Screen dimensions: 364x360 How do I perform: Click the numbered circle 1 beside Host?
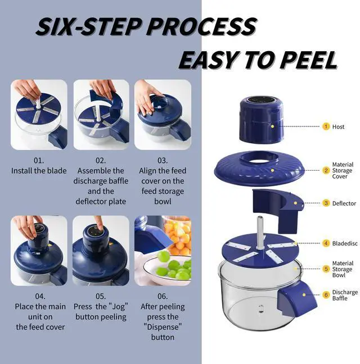[x=326, y=126]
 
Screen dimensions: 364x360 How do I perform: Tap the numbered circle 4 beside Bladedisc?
[x=326, y=243]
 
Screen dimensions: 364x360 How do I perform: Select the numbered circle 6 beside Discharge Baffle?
[x=326, y=295]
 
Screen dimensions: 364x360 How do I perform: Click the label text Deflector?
[x=344, y=203]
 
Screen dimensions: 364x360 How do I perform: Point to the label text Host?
[x=338, y=126]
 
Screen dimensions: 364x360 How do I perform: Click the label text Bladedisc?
[x=345, y=243]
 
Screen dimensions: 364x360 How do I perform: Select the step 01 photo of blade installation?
[x=39, y=115]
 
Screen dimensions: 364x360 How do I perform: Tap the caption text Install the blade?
[x=39, y=171]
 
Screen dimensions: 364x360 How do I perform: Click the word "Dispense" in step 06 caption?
[x=163, y=327]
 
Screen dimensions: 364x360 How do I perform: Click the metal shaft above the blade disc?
[x=260, y=230]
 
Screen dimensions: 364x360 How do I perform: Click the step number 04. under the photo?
[x=39, y=297]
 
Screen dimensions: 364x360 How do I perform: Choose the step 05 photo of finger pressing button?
[x=101, y=251]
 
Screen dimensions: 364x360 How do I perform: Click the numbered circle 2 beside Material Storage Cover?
[x=326, y=170]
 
